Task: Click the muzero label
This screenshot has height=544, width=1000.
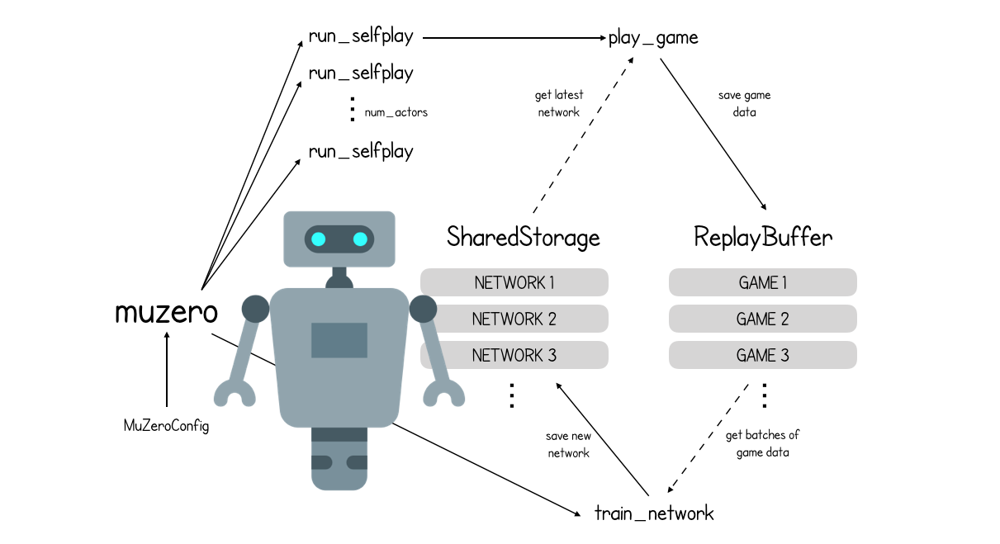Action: tap(167, 313)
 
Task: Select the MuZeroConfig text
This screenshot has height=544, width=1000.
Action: tap(166, 426)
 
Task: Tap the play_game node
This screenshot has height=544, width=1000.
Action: tap(653, 37)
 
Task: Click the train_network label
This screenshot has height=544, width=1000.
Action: tap(654, 513)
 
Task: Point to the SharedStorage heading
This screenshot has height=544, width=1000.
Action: tap(523, 238)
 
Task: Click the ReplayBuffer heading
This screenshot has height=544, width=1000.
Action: tap(763, 238)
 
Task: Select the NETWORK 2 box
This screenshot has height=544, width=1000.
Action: tap(514, 319)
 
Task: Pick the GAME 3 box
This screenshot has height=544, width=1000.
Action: tap(762, 356)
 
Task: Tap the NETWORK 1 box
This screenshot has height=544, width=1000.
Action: tap(514, 283)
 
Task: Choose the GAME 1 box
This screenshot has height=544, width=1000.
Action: tap(762, 283)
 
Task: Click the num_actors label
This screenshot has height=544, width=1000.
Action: tap(396, 112)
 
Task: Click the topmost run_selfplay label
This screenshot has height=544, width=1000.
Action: tap(361, 36)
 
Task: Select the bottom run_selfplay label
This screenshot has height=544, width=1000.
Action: tap(361, 152)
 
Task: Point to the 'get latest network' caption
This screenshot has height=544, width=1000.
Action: tap(559, 104)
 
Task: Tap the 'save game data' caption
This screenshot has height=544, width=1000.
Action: tap(744, 104)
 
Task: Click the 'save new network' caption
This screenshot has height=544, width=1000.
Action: tap(568, 444)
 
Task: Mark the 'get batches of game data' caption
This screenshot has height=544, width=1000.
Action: tap(762, 443)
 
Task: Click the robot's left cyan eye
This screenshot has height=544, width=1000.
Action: tap(319, 239)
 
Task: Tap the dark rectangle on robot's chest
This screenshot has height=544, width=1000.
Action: tap(339, 340)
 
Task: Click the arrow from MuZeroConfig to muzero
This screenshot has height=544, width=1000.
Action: tap(167, 371)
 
